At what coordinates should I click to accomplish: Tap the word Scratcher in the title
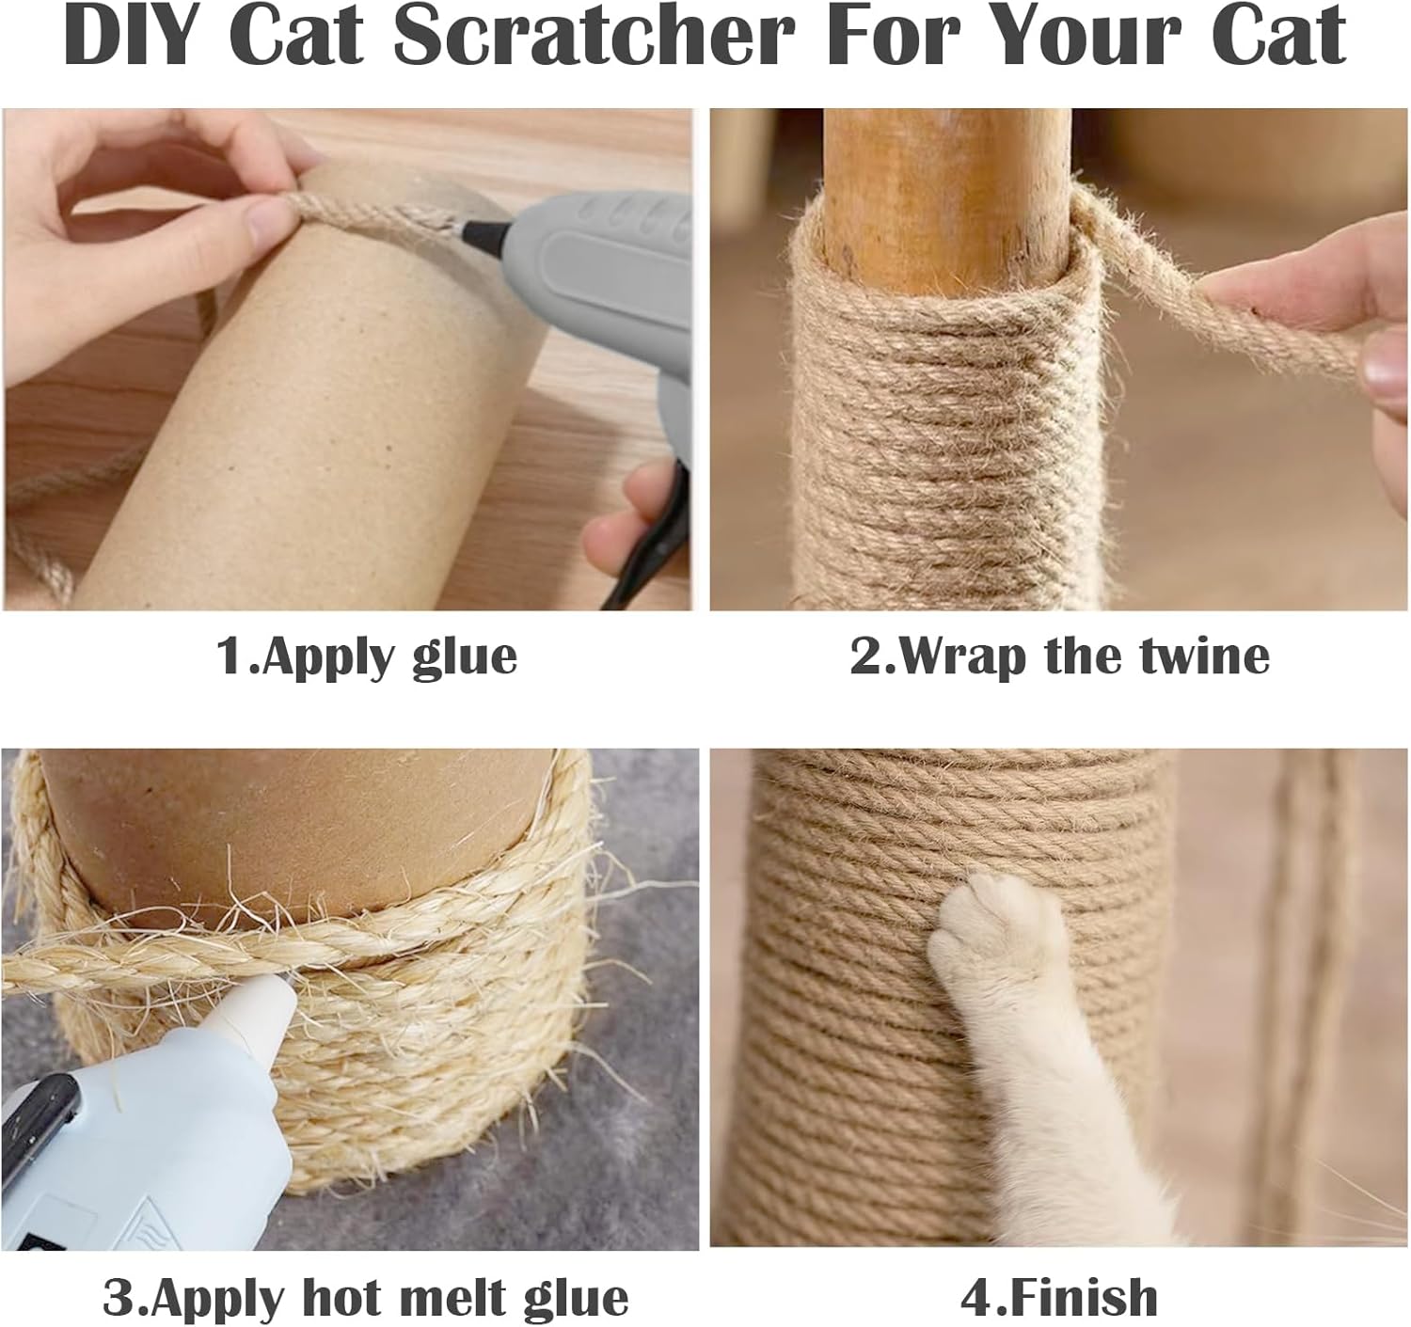(x=594, y=36)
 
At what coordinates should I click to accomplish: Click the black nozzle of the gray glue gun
(x=485, y=230)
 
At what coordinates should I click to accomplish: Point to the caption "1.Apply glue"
(x=366, y=656)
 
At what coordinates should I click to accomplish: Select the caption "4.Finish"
(x=1058, y=1278)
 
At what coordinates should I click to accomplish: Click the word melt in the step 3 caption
(x=453, y=1278)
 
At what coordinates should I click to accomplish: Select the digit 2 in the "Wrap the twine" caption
(x=864, y=656)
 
